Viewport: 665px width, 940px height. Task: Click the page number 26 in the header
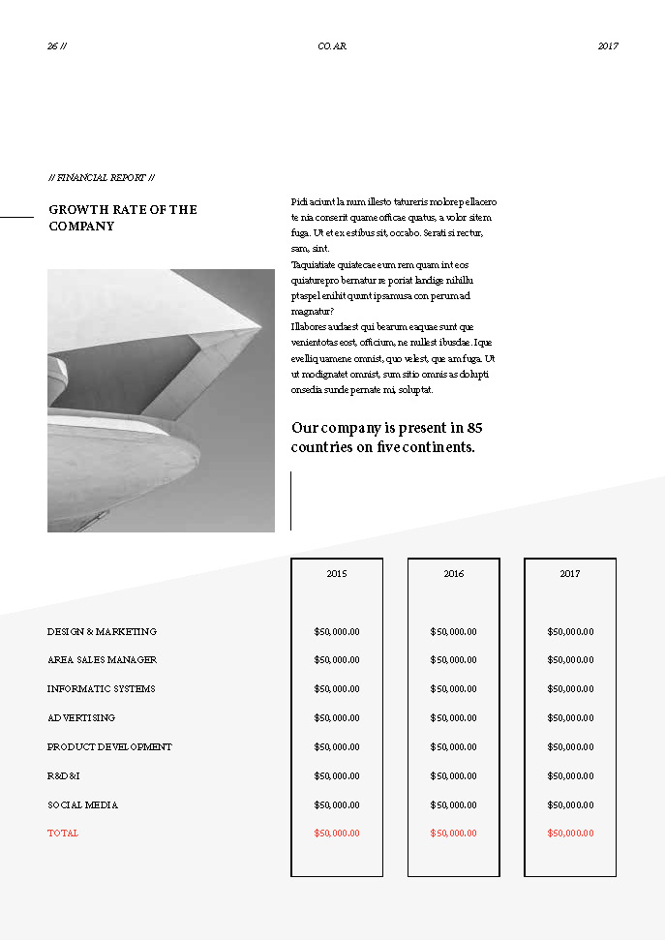pos(52,46)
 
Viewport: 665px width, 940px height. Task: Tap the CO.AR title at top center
pos(332,46)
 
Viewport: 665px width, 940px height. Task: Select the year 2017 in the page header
pos(608,46)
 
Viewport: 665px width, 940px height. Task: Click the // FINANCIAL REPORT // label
pos(102,178)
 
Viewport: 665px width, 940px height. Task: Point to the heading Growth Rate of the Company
pos(123,218)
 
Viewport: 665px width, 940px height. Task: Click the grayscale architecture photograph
pos(161,401)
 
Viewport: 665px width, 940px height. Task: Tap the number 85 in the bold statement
pos(474,428)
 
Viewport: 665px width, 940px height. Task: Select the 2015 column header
pos(337,574)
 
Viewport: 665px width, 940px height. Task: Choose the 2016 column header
pos(453,574)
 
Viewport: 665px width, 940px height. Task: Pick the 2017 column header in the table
pos(570,574)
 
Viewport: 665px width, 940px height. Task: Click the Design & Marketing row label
pos(102,632)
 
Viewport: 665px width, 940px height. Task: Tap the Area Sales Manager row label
pos(102,660)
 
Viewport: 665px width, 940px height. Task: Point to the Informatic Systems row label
pos(101,689)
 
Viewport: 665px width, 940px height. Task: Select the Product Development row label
pos(109,747)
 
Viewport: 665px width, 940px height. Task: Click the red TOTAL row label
pos(63,834)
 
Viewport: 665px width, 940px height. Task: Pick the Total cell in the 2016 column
pos(453,834)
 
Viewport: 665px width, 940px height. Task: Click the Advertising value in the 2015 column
pos(337,718)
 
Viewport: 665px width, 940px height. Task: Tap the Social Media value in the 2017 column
pos(570,805)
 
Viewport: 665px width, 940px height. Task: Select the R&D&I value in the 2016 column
pos(453,776)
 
